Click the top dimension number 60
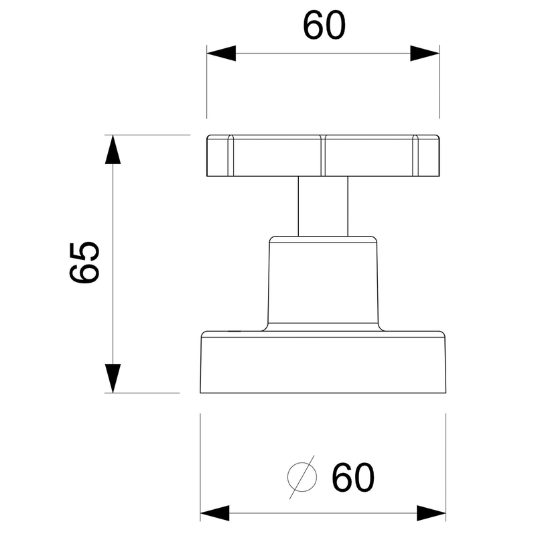pyautogui.click(x=324, y=25)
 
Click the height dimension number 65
pyautogui.click(x=84, y=263)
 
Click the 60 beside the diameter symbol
pyautogui.click(x=353, y=477)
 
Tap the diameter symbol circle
pyautogui.click(x=302, y=477)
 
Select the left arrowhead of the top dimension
pyautogui.click(x=221, y=54)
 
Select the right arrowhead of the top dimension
pyautogui.click(x=425, y=54)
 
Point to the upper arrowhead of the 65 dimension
pyautogui.click(x=113, y=149)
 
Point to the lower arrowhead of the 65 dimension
pyautogui.click(x=113, y=379)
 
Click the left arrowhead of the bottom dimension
pyautogui.click(x=214, y=513)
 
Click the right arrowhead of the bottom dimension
pyautogui.click(x=431, y=513)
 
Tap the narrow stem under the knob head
pyautogui.click(x=323, y=206)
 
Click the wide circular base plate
pyautogui.click(x=323, y=362)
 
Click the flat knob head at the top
pyautogui.click(x=323, y=156)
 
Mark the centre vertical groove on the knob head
pyautogui.click(x=323, y=156)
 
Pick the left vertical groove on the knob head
pyautogui.click(x=230, y=156)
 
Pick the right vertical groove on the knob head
pyautogui.click(x=415, y=156)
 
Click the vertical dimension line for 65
pyautogui.click(x=113, y=264)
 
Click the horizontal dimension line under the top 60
pyautogui.click(x=323, y=54)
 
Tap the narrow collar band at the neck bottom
pyautogui.click(x=323, y=327)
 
